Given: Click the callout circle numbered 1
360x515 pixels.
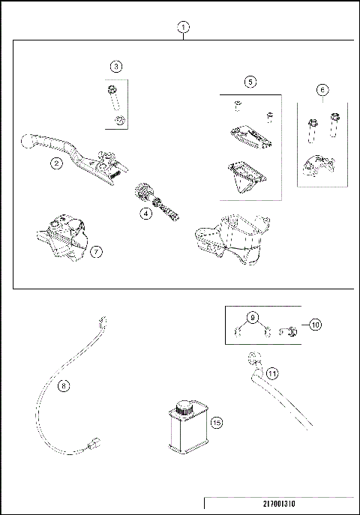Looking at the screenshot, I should [184, 27].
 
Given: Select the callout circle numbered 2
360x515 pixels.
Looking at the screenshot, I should [56, 162].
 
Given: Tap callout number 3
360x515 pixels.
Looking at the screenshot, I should [115, 67].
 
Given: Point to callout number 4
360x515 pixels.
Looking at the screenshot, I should [145, 213].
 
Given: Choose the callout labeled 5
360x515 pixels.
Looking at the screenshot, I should [250, 81].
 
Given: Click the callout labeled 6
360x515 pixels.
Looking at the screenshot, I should [322, 90].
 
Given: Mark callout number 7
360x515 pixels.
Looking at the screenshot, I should [96, 252].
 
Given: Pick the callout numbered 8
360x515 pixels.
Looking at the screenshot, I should [63, 385].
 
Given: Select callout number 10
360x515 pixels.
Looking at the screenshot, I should [315, 325].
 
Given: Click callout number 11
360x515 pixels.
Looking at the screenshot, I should [272, 371].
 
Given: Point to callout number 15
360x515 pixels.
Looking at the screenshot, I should [217, 423].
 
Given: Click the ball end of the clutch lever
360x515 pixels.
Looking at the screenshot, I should [27, 140].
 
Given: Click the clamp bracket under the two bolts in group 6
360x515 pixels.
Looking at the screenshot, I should [316, 169].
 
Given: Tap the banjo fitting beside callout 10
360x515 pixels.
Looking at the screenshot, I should [289, 329].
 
